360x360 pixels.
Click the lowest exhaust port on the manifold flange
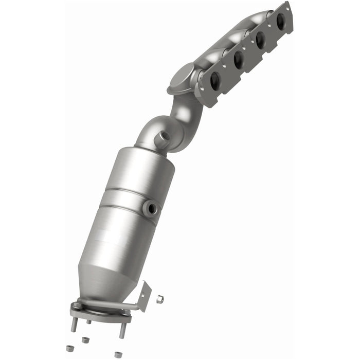[215, 80]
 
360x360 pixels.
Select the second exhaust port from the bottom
[238, 60]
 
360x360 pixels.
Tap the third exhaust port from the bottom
[260, 40]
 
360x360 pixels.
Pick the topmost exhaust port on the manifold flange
[281, 21]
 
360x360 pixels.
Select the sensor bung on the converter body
[151, 208]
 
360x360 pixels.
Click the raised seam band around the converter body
[129, 198]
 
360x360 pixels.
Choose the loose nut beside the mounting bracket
[159, 298]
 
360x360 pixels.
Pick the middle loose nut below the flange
[85, 340]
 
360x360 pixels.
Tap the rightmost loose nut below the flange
[118, 354]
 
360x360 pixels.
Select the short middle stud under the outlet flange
[88, 322]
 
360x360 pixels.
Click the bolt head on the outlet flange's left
[77, 305]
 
